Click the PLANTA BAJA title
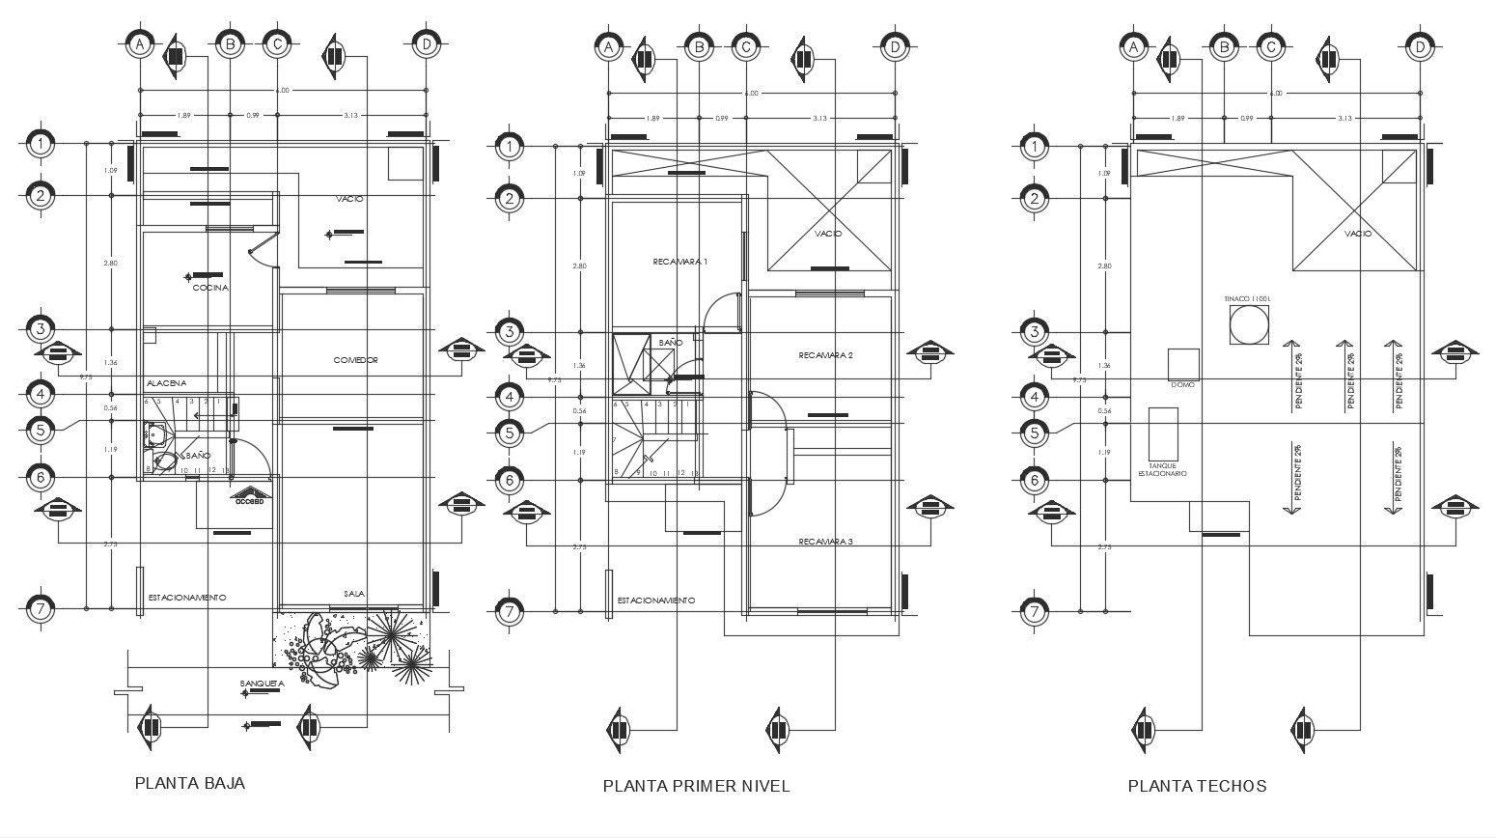tap(190, 783)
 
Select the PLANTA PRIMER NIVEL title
tap(696, 786)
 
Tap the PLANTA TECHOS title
tap(1197, 786)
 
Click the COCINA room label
tap(210, 288)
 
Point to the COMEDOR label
tap(356, 360)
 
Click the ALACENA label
tap(166, 383)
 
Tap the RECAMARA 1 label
tap(680, 263)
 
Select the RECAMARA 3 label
tap(825, 542)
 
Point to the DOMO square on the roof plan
tap(1182, 364)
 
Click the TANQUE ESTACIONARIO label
tap(1162, 469)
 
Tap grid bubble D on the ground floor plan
tap(425, 44)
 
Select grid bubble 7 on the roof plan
tap(1034, 611)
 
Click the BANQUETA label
tap(263, 684)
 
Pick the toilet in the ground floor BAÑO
tap(165, 461)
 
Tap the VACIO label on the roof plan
tap(1357, 234)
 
